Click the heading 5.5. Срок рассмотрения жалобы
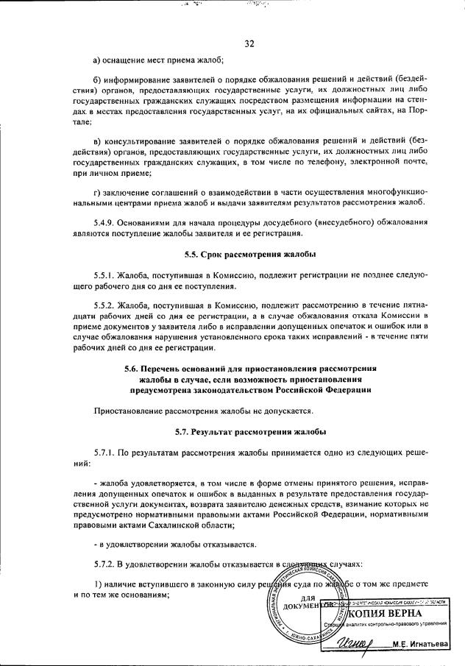(250, 255)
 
